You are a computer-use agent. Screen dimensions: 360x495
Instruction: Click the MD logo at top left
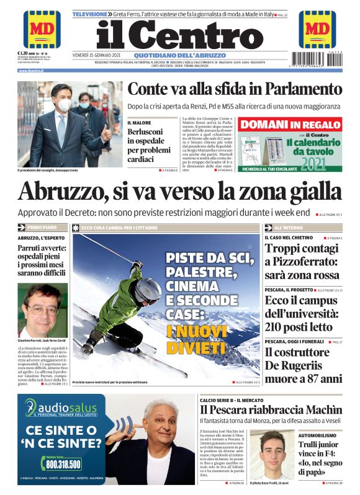[x=42, y=29]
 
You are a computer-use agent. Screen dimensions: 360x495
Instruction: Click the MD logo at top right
[x=317, y=29]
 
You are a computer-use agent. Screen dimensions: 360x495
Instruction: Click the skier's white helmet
[x=149, y=288]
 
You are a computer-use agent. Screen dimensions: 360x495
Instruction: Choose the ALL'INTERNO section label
[x=288, y=228]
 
